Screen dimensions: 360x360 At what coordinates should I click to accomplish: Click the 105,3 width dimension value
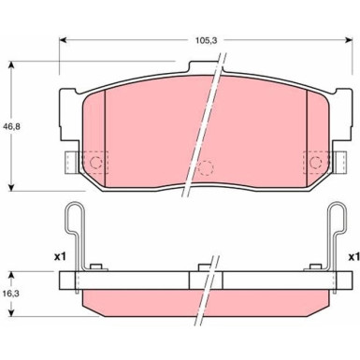(x=206, y=40)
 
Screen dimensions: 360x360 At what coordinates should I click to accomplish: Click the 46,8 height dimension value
(x=11, y=126)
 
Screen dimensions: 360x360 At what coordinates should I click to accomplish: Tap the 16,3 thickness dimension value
(x=11, y=294)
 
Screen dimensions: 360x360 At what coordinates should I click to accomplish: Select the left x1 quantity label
(x=60, y=257)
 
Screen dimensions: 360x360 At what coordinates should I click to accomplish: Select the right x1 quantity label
(x=354, y=257)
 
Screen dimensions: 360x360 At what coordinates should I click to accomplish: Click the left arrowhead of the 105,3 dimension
(x=63, y=40)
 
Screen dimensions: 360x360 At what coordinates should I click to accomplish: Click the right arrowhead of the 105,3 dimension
(x=349, y=40)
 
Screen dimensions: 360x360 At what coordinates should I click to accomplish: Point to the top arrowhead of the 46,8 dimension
(x=11, y=65)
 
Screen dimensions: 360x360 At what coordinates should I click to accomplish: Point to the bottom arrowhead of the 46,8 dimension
(x=11, y=187)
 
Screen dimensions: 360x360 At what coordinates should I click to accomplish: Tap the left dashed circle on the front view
(x=96, y=162)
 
